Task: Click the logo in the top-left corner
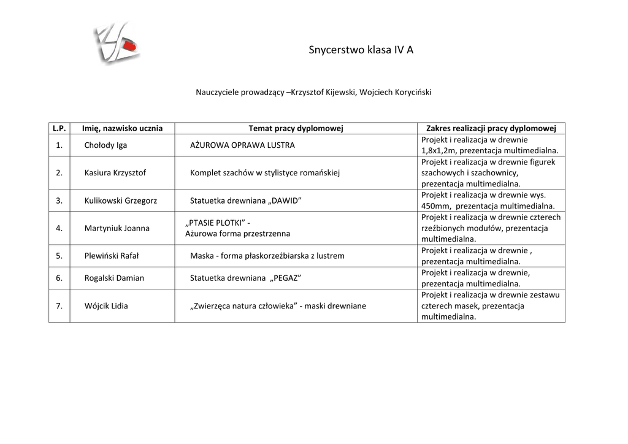pyautogui.click(x=117, y=43)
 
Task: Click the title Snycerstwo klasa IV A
pyautogui.click(x=361, y=50)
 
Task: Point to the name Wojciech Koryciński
pyautogui.click(x=396, y=93)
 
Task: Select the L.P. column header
pyautogui.click(x=59, y=128)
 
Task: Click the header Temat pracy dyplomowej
pyautogui.click(x=296, y=128)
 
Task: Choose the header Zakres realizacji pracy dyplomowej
pyautogui.click(x=491, y=128)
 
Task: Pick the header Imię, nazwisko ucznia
pyautogui.click(x=123, y=128)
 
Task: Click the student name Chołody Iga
pyautogui.click(x=105, y=145)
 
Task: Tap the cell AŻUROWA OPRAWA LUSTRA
pyautogui.click(x=242, y=145)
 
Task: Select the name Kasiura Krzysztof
pyautogui.click(x=115, y=173)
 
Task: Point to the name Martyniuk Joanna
pyautogui.click(x=117, y=228)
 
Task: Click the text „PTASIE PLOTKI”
pyautogui.click(x=214, y=223)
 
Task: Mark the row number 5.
pyautogui.click(x=59, y=256)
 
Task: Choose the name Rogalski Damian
pyautogui.click(x=114, y=278)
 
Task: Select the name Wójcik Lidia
pyautogui.click(x=106, y=305)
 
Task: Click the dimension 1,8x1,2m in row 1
pyautogui.click(x=438, y=151)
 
